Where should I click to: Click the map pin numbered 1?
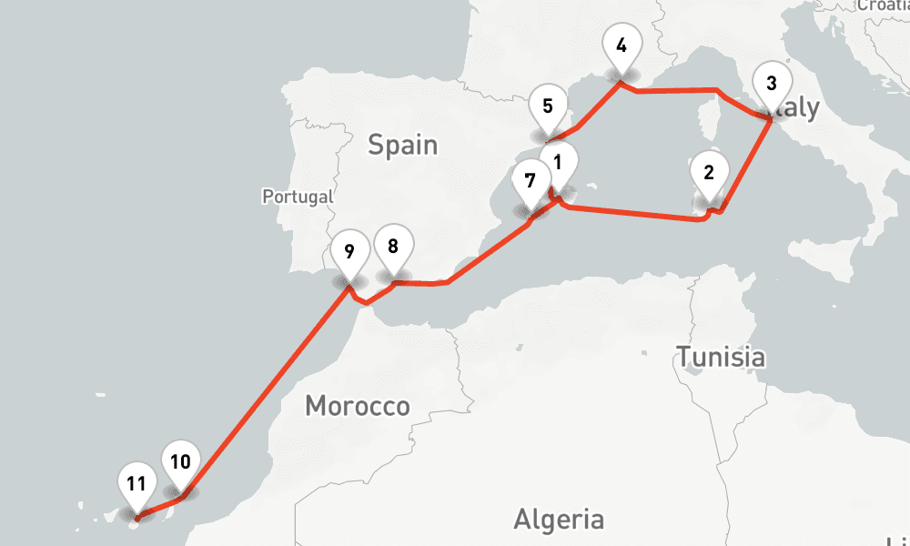[x=560, y=164]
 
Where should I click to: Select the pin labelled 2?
[x=710, y=171]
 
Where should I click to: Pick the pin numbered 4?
[x=621, y=45]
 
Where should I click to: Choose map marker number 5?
[x=548, y=106]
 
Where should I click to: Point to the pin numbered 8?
[x=393, y=247]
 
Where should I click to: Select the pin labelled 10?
[x=180, y=461]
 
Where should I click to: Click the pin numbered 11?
[x=136, y=483]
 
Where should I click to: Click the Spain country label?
[x=402, y=145]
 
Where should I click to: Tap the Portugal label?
[x=298, y=196]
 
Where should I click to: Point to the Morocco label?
[x=358, y=406]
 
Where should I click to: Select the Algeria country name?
[x=559, y=520]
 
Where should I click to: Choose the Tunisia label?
[x=720, y=357]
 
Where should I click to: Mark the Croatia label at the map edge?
[x=883, y=5]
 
